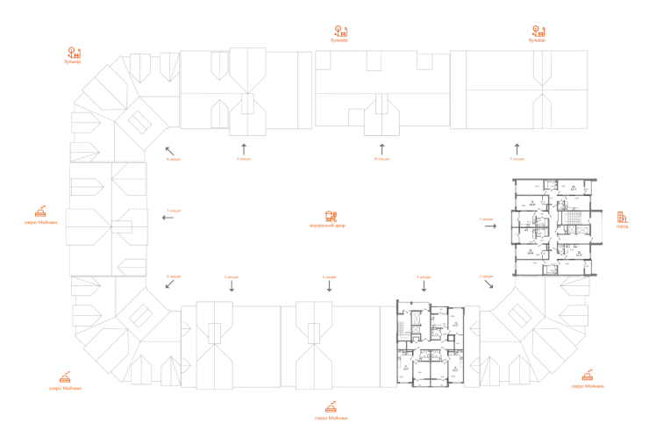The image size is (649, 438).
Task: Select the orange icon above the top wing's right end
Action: click(537, 34)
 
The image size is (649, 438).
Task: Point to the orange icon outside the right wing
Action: click(622, 218)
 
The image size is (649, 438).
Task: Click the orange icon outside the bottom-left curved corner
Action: click(64, 379)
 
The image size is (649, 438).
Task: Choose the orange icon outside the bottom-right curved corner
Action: click(585, 379)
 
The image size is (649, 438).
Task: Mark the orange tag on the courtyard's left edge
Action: click(173, 212)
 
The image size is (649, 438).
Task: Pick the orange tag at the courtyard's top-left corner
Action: click(173, 159)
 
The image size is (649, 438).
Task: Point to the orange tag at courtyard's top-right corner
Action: click(516, 159)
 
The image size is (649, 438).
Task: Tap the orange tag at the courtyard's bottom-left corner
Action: click(173, 277)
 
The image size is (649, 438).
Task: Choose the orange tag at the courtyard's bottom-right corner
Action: click(488, 277)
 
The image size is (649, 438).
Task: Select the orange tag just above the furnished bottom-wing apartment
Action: click(424, 277)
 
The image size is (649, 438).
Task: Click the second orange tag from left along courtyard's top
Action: click(243, 159)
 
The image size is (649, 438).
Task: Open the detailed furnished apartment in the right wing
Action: click(556, 226)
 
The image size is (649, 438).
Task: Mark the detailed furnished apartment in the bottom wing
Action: click(432, 344)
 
